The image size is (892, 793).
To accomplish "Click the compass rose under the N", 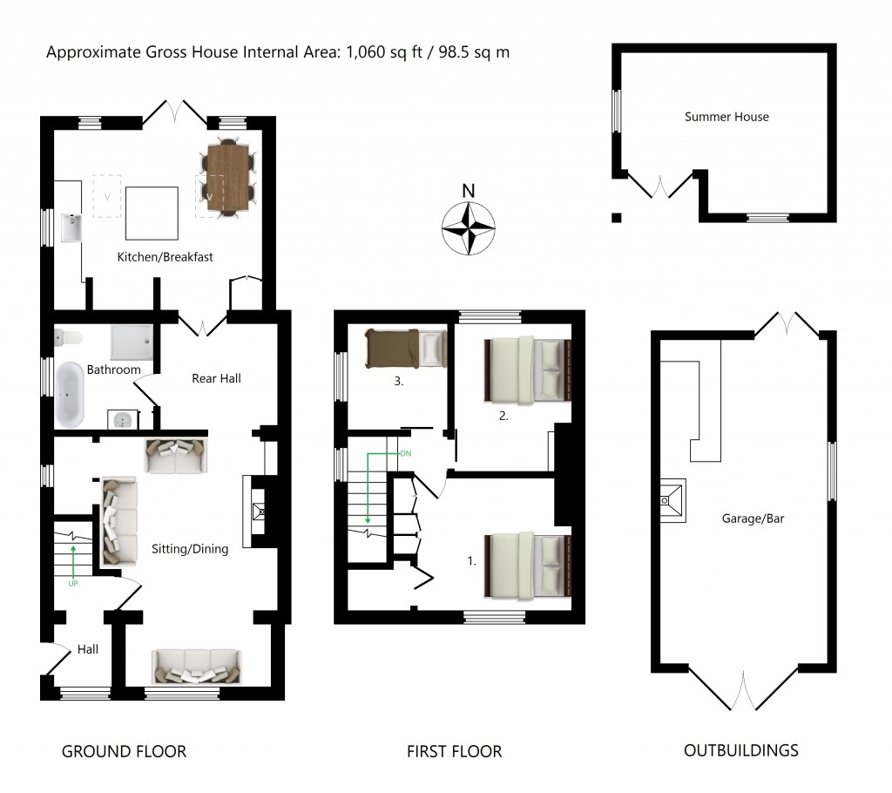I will (469, 228).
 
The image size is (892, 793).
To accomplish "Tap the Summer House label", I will (726, 117).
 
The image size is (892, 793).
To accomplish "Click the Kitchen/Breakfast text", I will (166, 257).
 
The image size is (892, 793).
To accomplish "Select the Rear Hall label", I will (216, 378).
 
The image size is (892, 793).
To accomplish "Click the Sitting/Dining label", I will (190, 549).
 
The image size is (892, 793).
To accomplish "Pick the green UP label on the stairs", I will (73, 583).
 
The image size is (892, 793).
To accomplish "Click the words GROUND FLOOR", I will (124, 751).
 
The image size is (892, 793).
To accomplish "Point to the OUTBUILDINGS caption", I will (740, 750).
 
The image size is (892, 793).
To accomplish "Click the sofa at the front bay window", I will (197, 666).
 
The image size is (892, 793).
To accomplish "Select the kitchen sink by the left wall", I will (71, 228).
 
